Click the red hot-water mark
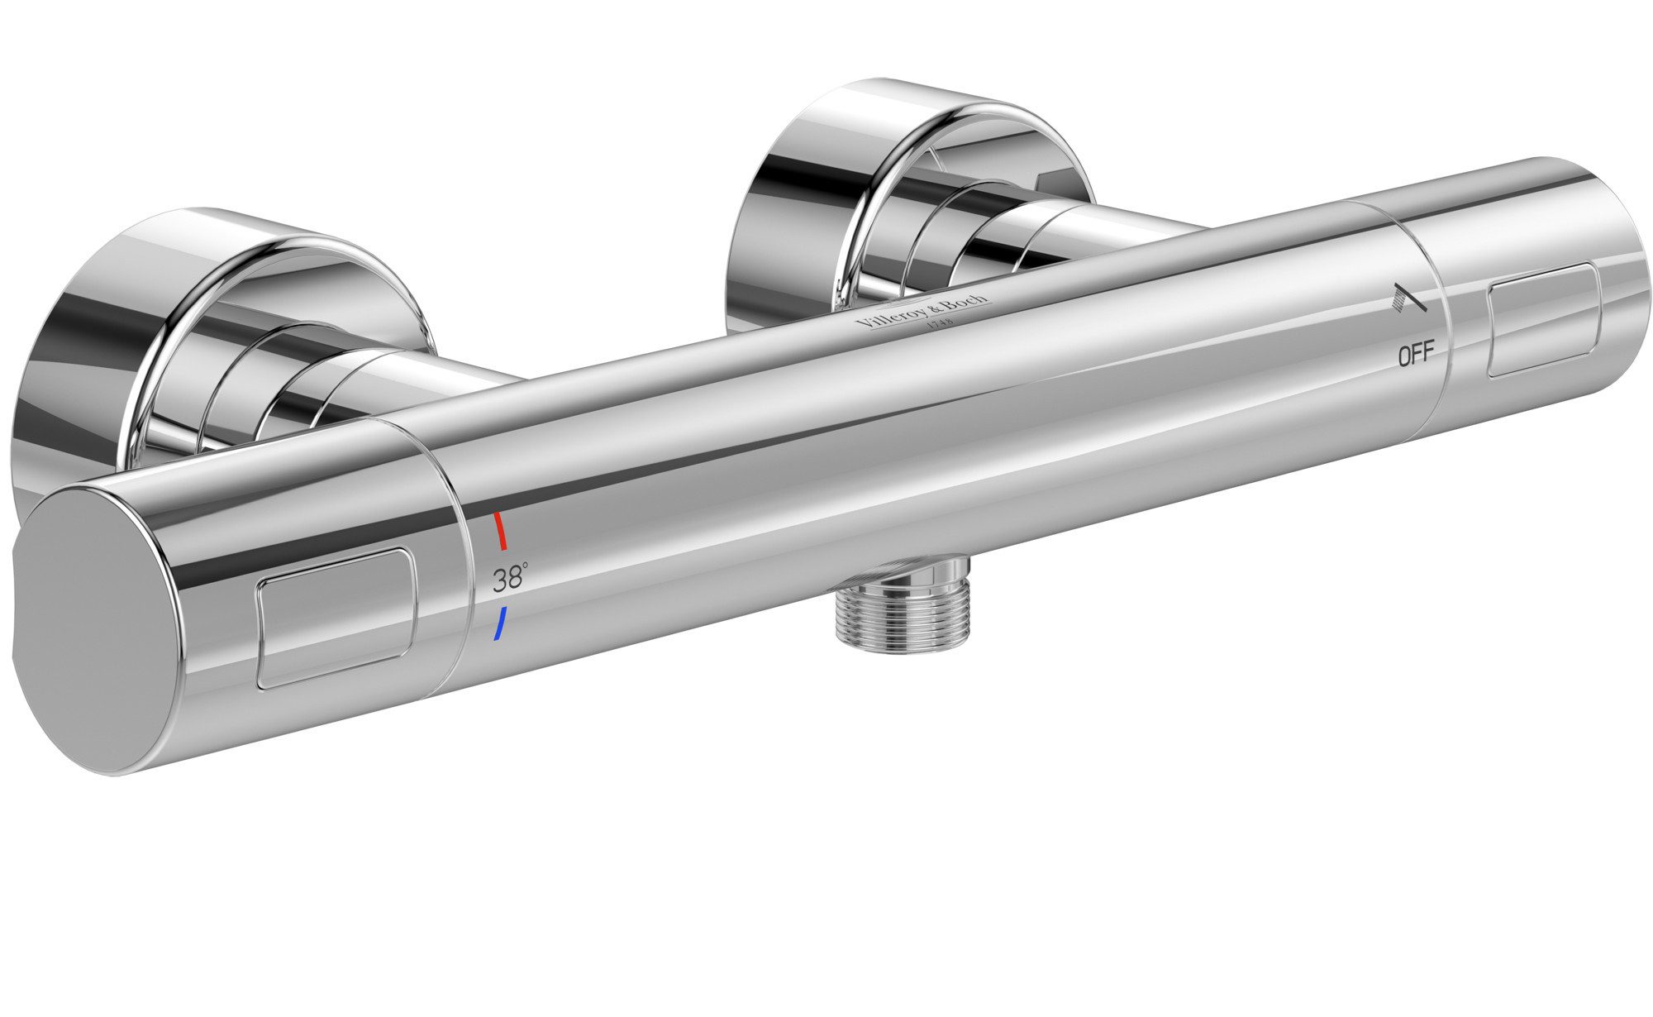click(x=499, y=531)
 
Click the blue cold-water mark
click(x=498, y=624)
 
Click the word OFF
click(x=1415, y=356)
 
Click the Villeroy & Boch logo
click(x=925, y=313)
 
